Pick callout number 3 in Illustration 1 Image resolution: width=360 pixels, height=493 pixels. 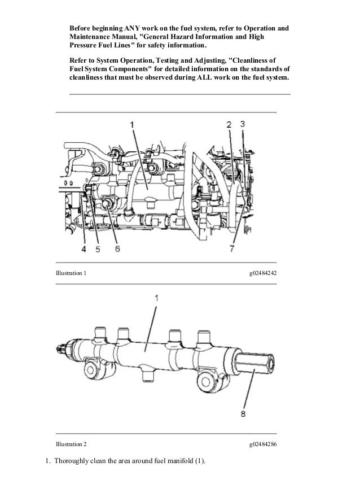(x=242, y=124)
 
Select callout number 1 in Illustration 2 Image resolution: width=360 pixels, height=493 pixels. (x=156, y=298)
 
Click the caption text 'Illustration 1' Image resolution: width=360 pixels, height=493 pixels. (x=71, y=274)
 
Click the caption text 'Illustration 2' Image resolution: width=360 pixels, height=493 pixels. (x=71, y=444)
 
